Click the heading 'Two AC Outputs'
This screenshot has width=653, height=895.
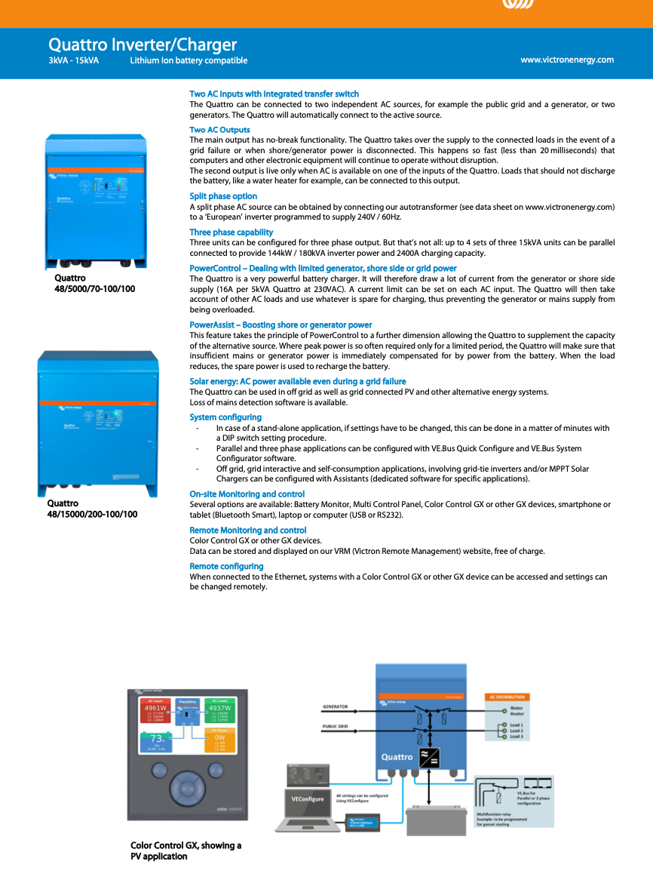coord(219,130)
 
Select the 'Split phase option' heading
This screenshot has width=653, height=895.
coord(223,196)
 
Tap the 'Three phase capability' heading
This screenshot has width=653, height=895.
coord(231,232)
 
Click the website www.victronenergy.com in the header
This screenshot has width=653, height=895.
coord(567,60)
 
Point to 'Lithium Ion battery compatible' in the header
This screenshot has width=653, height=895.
coord(189,60)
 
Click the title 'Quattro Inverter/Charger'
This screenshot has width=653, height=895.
coord(143,45)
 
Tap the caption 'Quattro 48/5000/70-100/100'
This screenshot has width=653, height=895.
coord(94,283)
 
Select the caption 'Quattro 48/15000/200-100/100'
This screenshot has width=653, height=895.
coord(92,509)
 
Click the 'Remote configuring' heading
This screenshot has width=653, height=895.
coord(226,566)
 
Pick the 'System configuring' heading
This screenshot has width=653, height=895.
coord(225,417)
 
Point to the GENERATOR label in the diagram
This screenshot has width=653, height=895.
coord(335,707)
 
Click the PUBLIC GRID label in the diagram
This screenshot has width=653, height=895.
coord(336,727)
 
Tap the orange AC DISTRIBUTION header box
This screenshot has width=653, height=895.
coord(507,697)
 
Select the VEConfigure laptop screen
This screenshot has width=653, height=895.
coord(307,798)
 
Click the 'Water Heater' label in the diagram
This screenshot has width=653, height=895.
coord(517,711)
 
